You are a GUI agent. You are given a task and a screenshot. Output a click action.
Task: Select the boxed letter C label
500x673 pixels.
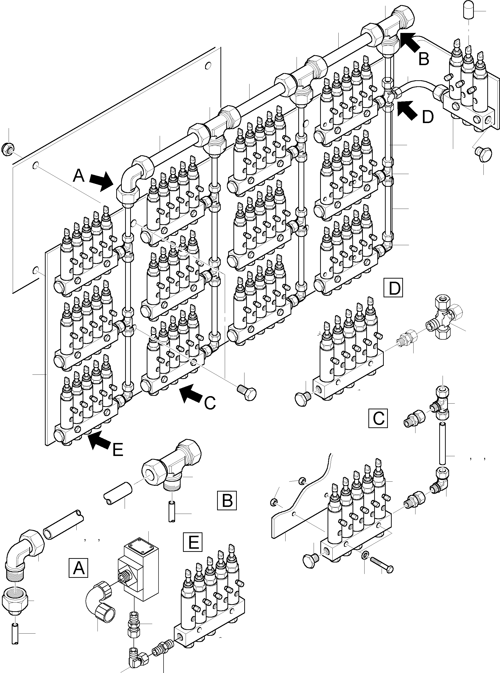point(378,418)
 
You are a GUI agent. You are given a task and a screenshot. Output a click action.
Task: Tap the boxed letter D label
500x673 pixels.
point(394,288)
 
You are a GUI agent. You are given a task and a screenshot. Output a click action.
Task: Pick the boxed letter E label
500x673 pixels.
point(193,542)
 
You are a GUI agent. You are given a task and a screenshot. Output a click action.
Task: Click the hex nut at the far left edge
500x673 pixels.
point(8,149)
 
